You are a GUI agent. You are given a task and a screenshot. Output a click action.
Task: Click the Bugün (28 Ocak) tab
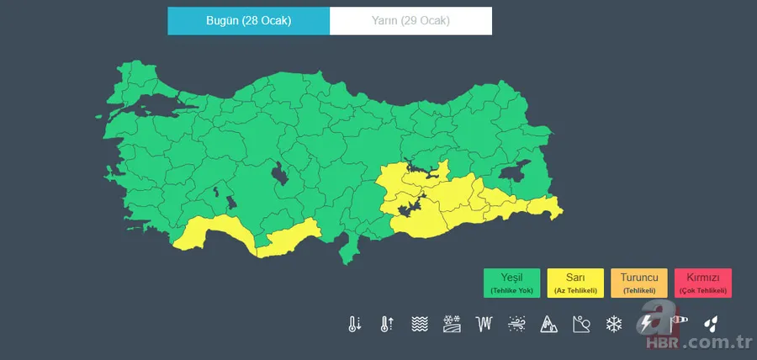click(248, 21)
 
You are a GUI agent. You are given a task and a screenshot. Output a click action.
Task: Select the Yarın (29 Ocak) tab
click(410, 21)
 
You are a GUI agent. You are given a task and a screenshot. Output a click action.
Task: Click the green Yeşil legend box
click(511, 283)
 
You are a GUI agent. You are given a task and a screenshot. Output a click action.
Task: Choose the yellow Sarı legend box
click(575, 283)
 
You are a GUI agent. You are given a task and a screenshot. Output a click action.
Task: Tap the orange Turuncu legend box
click(639, 283)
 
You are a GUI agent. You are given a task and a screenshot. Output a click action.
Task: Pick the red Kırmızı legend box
click(703, 283)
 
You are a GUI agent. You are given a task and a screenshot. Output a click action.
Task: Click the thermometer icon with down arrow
click(354, 324)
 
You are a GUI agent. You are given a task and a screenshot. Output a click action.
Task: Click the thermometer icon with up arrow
click(386, 324)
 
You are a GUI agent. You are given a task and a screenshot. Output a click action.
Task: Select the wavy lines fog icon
click(419, 324)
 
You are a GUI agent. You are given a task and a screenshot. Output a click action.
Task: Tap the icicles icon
click(484, 324)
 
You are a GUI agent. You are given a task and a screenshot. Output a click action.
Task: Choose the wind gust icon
click(516, 324)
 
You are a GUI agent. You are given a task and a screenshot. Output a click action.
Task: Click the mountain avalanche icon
click(548, 324)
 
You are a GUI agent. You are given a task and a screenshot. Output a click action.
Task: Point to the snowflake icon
click(614, 324)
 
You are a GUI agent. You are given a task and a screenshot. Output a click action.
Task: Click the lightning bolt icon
click(647, 324)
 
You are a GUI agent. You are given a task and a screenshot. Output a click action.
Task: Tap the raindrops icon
click(712, 324)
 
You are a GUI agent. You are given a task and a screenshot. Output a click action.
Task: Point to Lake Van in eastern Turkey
click(514, 172)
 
